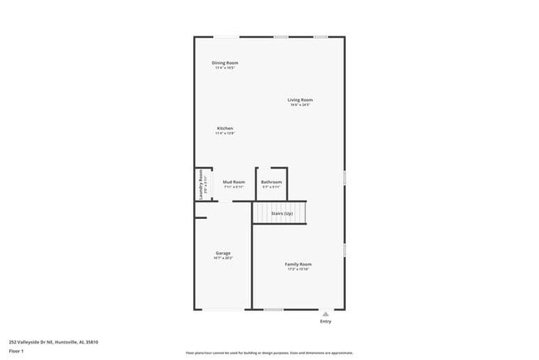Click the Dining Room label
[x=225, y=62]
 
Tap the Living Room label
[x=300, y=100]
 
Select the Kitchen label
[x=225, y=129]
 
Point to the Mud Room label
[x=234, y=182]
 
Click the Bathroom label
[x=271, y=182]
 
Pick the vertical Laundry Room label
[x=199, y=180]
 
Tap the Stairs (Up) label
[x=282, y=213]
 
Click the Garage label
[x=223, y=253]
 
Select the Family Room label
[x=299, y=264]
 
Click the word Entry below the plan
[x=325, y=322]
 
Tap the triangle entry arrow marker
[x=325, y=314]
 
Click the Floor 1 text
[x=17, y=352]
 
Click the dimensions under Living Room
[x=300, y=105]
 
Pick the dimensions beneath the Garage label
[x=223, y=258]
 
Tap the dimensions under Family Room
[x=299, y=270]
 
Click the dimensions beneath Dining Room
[x=225, y=68]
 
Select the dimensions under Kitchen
[x=225, y=134]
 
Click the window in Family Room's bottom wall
[x=273, y=309]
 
